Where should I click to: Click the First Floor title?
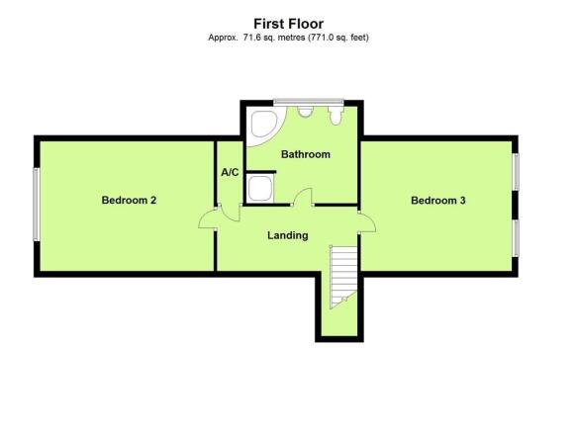coord(289,24)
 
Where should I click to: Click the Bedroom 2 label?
coord(130,200)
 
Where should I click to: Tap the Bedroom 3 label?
coord(438,201)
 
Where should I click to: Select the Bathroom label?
coord(306,154)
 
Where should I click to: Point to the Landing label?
coord(288,235)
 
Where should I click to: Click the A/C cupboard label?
coord(230,172)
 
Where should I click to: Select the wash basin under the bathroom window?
coord(305,112)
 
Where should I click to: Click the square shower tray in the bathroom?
coord(260,188)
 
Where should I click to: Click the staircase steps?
coord(343,277)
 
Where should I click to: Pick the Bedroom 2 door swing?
coord(207,219)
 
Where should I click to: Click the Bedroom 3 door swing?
coord(367,221)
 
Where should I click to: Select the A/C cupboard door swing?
coord(230,214)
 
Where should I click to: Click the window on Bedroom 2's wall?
coord(36,205)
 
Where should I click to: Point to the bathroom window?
coord(309,103)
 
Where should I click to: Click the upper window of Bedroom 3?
coord(516,172)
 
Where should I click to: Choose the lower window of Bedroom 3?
coord(516,238)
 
